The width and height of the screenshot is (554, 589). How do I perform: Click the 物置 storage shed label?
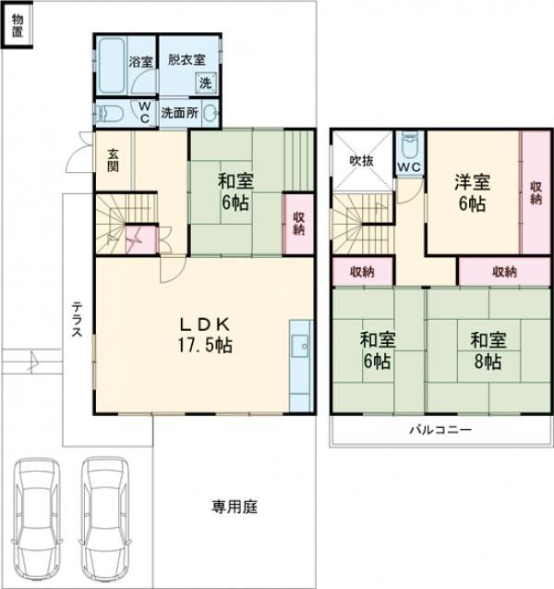click(x=18, y=26)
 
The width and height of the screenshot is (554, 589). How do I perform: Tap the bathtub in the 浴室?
click(x=112, y=66)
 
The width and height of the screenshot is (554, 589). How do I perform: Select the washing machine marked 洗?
click(x=206, y=82)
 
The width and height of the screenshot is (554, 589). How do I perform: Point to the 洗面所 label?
click(x=180, y=113)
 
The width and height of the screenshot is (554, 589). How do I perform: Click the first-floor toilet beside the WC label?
click(x=109, y=113)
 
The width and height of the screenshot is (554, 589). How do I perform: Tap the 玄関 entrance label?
click(x=113, y=160)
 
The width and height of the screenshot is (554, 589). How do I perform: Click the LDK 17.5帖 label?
click(x=205, y=335)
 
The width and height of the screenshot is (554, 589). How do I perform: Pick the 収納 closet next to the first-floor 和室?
click(x=298, y=224)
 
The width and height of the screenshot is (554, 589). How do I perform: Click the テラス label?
click(x=77, y=320)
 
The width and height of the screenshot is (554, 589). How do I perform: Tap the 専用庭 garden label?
click(x=235, y=508)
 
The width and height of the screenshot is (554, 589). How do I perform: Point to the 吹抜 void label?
click(x=362, y=161)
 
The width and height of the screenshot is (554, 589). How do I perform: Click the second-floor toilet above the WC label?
click(x=410, y=146)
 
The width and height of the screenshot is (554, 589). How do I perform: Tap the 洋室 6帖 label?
click(x=472, y=192)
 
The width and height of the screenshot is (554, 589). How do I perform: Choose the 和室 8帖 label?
click(x=488, y=350)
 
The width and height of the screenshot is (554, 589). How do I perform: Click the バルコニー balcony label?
click(x=440, y=429)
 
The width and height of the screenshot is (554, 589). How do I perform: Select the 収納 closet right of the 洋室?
click(x=536, y=192)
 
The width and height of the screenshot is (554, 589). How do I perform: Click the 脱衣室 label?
click(x=187, y=60)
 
